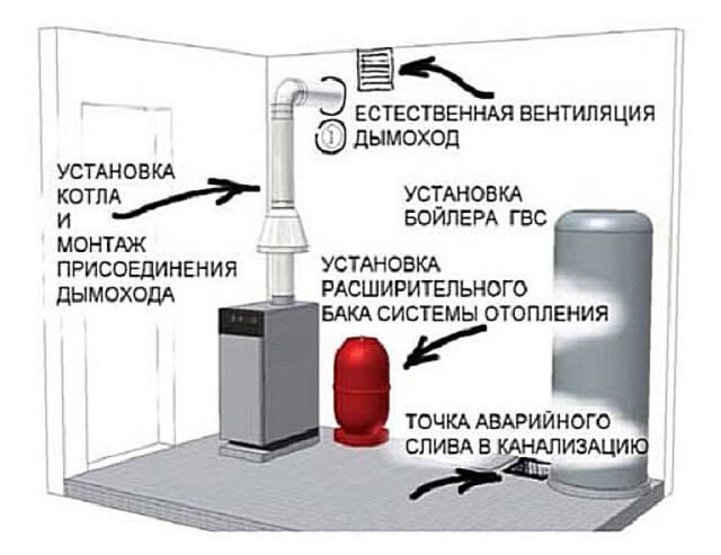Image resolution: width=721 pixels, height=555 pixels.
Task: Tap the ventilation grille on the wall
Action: pos(377,69)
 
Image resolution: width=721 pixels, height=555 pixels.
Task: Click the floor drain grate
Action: pos(529,467)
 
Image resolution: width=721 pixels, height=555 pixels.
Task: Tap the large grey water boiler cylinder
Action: pos(603,352)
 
